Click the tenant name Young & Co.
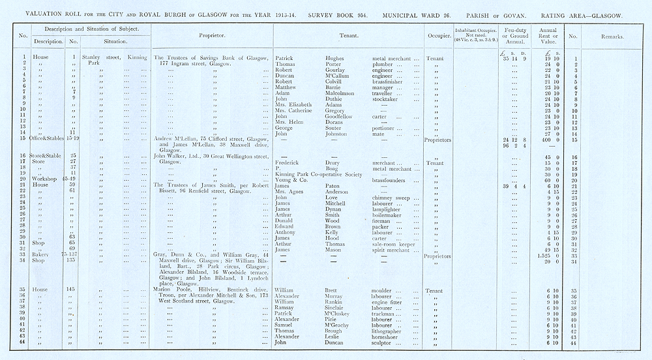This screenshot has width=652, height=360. pos(289,180)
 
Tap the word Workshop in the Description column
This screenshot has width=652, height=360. pos(44,180)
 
